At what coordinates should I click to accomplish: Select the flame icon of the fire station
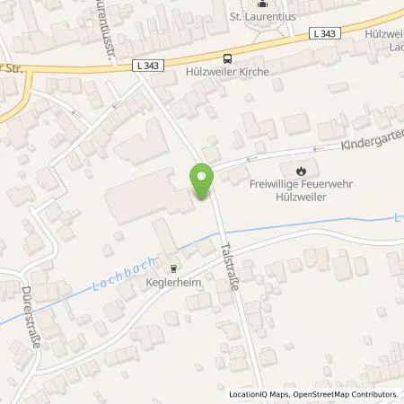coord(301,168)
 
